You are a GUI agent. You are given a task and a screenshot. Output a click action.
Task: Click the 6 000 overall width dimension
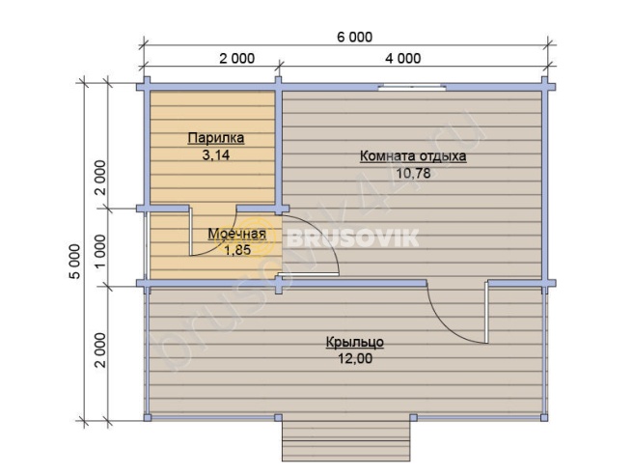355,37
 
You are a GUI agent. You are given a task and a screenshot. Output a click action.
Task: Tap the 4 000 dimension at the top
403,59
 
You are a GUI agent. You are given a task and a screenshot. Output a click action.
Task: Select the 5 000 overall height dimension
75,262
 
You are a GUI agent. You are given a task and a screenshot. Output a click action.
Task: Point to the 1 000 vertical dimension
100,251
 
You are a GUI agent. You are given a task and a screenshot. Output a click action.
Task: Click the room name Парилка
216,138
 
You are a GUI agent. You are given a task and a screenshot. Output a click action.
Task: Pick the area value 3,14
216,155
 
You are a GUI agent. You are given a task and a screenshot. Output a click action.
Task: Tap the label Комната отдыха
413,156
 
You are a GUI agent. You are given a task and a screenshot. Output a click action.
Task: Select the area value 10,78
413,173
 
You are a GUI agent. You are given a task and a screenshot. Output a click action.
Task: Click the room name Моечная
237,234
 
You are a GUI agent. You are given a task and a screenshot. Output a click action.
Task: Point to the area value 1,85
237,250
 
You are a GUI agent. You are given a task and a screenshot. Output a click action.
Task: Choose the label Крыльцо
355,342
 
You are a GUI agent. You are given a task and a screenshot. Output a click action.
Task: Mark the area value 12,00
355,359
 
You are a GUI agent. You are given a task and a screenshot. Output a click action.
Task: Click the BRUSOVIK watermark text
353,238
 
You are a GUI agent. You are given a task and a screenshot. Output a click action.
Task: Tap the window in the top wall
412,87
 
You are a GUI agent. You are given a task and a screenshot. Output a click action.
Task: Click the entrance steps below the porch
346,440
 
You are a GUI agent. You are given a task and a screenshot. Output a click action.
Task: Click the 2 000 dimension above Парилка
237,59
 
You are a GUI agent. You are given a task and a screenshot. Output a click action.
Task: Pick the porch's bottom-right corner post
544,417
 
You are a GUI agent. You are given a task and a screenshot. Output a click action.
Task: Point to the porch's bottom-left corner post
148,417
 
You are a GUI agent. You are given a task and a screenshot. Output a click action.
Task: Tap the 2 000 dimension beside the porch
100,350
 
